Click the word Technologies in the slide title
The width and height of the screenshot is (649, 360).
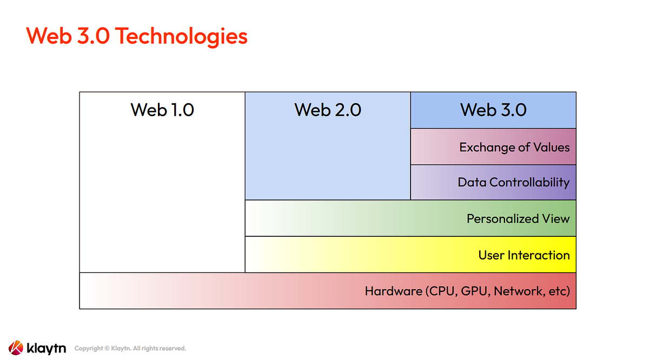pyautogui.click(x=181, y=36)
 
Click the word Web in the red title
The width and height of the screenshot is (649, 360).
pyautogui.click(x=47, y=36)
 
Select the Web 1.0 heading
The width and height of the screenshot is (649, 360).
pyautogui.click(x=162, y=110)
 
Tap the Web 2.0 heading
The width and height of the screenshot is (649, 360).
pyautogui.click(x=328, y=110)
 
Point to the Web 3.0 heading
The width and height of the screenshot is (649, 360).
pyautogui.click(x=493, y=110)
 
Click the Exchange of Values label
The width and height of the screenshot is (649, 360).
pyautogui.click(x=514, y=147)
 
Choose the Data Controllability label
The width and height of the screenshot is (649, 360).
pyautogui.click(x=513, y=182)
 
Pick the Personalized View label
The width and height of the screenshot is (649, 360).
pyautogui.click(x=518, y=218)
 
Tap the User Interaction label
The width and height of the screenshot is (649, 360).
pyautogui.click(x=524, y=255)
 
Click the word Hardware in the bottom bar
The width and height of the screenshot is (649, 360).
pyautogui.click(x=393, y=291)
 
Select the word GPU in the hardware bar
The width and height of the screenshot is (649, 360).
pyautogui.click(x=477, y=291)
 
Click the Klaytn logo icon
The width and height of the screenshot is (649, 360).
pyautogui.click(x=16, y=348)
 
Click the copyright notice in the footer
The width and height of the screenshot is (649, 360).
pyautogui.click(x=130, y=349)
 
